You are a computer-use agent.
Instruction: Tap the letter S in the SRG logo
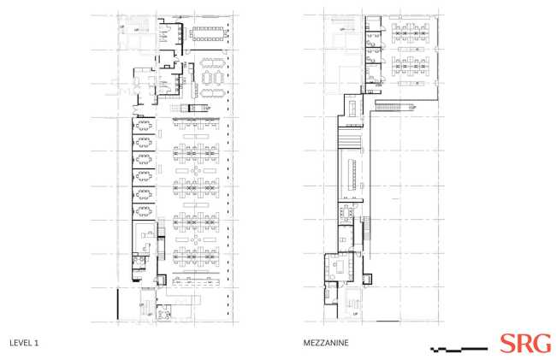[x=507, y=344]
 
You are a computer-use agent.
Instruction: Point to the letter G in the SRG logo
[x=541, y=344]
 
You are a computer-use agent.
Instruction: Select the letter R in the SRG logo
[x=523, y=344]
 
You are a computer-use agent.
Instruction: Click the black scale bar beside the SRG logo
[x=462, y=349]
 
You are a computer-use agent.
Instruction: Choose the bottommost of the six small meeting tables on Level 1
[x=145, y=213]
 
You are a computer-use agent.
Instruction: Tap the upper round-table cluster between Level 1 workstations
[x=196, y=170]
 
